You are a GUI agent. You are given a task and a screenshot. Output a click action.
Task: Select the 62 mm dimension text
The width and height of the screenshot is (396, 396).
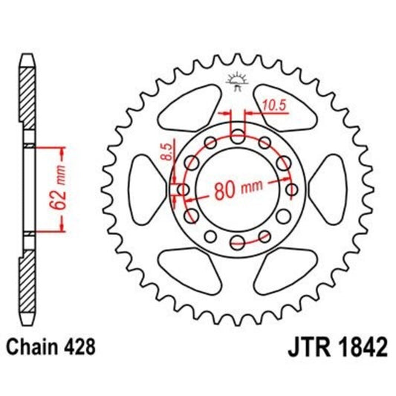(65, 190)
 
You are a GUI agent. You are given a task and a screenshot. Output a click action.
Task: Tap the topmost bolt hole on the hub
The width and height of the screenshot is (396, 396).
(237, 135)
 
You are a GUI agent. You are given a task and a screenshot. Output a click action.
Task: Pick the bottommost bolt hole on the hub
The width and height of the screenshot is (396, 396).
(237, 240)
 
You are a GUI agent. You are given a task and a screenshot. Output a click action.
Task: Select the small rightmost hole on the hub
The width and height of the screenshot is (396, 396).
(290, 188)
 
